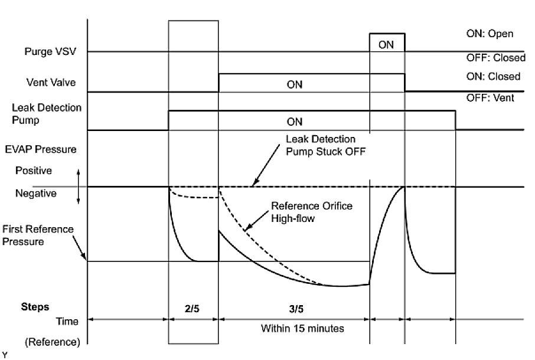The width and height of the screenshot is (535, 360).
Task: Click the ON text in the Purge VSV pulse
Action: pyautogui.click(x=386, y=44)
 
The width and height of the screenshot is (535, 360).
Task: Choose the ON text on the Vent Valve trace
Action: pyautogui.click(x=294, y=84)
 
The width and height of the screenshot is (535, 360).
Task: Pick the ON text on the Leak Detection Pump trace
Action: pyautogui.click(x=294, y=122)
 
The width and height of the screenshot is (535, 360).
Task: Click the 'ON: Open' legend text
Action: pyautogui.click(x=490, y=34)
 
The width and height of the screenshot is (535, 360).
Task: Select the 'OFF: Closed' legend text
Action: pyautogui.click(x=495, y=58)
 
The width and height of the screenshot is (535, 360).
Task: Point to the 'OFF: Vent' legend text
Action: pyautogui.click(x=490, y=97)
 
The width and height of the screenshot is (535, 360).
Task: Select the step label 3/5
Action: pyautogui.click(x=294, y=307)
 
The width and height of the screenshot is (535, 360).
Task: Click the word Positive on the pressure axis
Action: pyautogui.click(x=34, y=171)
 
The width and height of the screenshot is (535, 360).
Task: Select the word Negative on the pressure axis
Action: pyautogui.click(x=35, y=193)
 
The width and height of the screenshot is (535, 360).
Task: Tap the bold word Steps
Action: pyautogui.click(x=35, y=307)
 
